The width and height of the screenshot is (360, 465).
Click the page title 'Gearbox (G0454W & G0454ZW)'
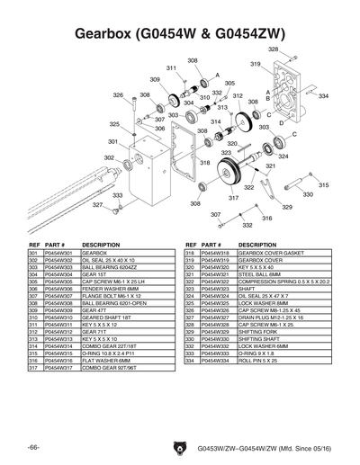pyautogui.click(x=179, y=34)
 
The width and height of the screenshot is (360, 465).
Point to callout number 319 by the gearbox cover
pyautogui.click(x=256, y=64)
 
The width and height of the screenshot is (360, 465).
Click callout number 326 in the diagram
pyautogui.click(x=118, y=94)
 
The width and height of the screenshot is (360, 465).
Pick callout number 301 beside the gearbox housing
pyautogui.click(x=113, y=141)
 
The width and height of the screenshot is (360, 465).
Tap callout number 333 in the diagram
pyautogui.click(x=118, y=195)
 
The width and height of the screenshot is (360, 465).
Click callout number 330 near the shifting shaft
pyautogui.click(x=308, y=194)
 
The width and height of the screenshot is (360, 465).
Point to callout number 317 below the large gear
pyautogui.click(x=233, y=198)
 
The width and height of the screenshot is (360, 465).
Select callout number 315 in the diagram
pyautogui.click(x=323, y=184)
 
